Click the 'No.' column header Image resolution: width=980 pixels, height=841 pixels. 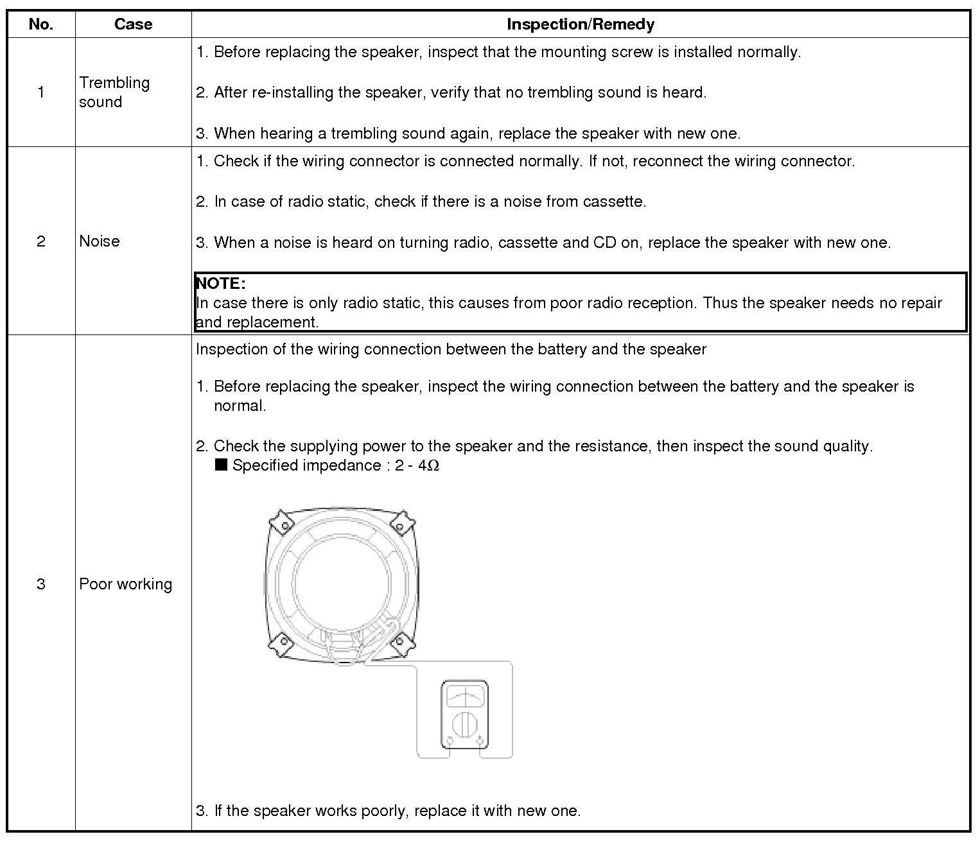point(40,24)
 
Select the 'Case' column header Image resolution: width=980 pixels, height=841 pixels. point(133,24)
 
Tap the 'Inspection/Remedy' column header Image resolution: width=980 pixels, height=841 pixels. point(580,24)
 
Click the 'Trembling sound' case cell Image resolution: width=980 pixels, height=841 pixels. point(114,92)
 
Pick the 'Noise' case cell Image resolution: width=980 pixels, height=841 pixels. point(100,241)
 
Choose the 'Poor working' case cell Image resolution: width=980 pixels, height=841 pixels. point(126,584)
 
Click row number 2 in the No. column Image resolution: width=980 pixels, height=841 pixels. point(41,241)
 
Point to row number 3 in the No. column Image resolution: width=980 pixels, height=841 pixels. point(41,584)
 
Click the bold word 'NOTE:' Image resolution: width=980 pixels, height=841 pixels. point(221,283)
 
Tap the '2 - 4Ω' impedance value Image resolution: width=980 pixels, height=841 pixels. point(417,465)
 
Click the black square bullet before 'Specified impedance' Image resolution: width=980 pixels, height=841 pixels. point(222,465)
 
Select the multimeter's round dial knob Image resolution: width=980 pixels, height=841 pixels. point(464,725)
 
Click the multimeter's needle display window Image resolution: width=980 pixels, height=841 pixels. point(464,697)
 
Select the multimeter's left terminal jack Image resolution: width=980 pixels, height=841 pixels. point(450,741)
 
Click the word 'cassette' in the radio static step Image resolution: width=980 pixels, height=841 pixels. point(613,202)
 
